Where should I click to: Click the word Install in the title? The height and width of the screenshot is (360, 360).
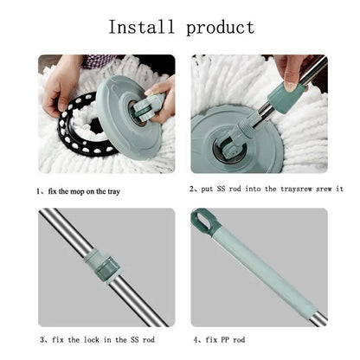pyautogui.click(x=139, y=27)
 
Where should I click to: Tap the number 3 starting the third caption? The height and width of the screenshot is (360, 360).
pyautogui.click(x=41, y=339)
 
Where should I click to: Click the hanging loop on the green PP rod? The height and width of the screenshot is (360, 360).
pyautogui.click(x=207, y=222)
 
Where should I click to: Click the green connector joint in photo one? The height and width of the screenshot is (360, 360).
pyautogui.click(x=145, y=106)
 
